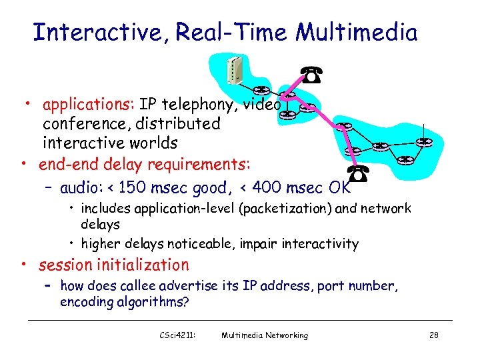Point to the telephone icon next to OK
[x=361, y=175]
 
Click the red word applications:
[x=89, y=105]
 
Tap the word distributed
[x=178, y=124]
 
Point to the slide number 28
[x=434, y=335]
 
